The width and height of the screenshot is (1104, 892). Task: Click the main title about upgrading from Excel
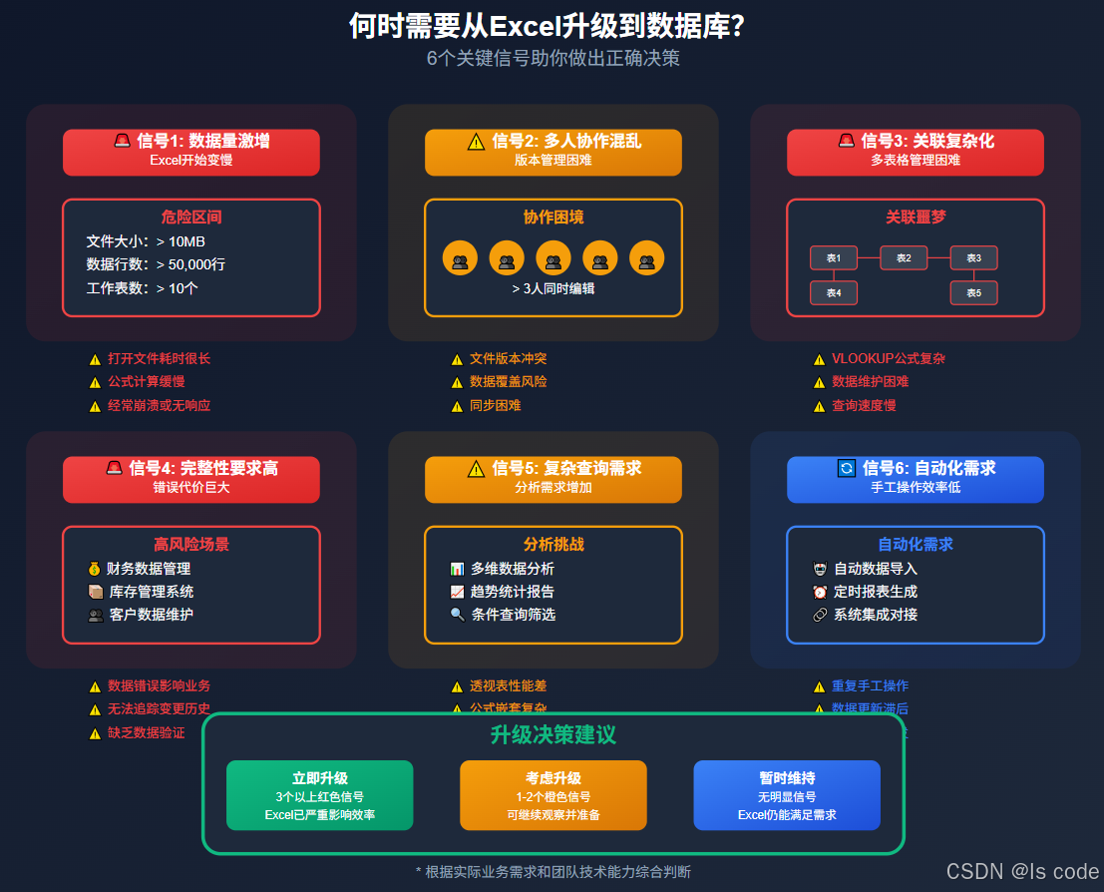point(547,26)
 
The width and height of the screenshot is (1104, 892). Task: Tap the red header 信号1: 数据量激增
point(191,152)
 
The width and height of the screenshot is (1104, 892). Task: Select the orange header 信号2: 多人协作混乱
point(553,152)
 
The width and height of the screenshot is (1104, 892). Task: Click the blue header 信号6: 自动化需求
point(916,479)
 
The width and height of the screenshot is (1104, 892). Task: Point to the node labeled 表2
point(904,258)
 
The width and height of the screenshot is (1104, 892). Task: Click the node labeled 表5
point(973,292)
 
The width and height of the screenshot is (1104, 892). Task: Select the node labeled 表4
point(834,292)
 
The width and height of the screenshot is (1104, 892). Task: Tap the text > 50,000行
point(190,264)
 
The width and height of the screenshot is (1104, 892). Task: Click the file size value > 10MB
point(181,240)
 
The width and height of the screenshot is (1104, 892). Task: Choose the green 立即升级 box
point(319,795)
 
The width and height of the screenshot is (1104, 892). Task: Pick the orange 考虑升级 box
point(553,795)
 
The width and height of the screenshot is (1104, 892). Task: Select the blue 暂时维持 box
point(787,795)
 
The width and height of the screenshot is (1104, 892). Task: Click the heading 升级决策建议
point(553,735)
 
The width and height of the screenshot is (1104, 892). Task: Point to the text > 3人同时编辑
point(553,288)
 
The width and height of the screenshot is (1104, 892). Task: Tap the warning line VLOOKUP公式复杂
point(889,358)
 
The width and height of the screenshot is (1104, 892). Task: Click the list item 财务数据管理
point(149,569)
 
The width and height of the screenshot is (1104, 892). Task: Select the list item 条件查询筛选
point(514,615)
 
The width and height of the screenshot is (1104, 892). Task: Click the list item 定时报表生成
point(876,592)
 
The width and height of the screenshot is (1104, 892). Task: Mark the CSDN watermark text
point(1021,871)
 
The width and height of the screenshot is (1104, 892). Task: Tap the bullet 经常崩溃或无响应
point(160,405)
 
